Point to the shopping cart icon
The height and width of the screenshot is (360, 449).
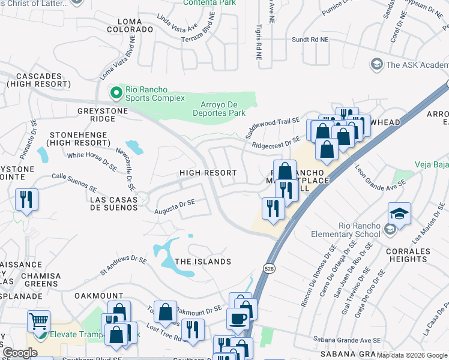click(x=39, y=322)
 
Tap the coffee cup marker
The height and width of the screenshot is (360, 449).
click(x=238, y=317)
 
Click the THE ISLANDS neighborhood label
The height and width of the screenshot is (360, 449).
click(x=203, y=262)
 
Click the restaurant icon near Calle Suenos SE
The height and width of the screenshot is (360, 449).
click(x=26, y=199)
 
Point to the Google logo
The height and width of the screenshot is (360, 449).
click(x=20, y=353)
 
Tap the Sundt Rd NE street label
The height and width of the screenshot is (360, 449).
click(x=310, y=40)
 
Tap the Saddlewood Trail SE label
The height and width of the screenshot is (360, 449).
click(x=273, y=126)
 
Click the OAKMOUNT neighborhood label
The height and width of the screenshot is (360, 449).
click(x=98, y=296)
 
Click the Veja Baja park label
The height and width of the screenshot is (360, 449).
click(x=432, y=164)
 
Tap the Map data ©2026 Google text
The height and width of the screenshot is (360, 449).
click(x=411, y=355)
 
